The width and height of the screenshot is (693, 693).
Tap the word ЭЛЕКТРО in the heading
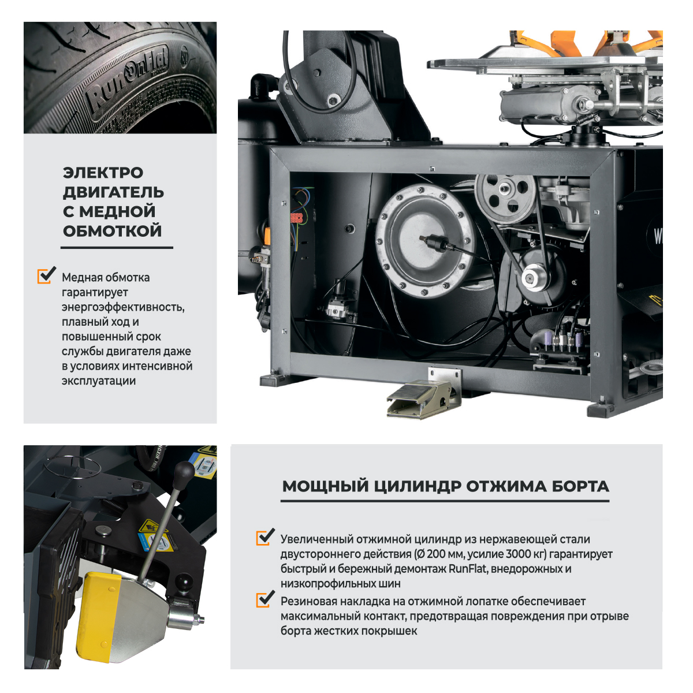pos(103,173)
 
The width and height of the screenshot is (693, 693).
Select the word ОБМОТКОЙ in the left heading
pos(112,231)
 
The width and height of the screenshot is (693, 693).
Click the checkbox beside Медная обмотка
pos(46,275)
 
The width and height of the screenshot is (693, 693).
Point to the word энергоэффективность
pos(123,307)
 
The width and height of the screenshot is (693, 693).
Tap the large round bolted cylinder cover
pos(424,240)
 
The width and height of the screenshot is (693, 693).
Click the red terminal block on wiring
pos(296,217)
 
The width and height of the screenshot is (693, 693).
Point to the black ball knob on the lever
pos(184,471)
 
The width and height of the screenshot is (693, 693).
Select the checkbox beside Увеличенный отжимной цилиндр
pos(265,537)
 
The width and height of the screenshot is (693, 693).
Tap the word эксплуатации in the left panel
pos(99,381)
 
